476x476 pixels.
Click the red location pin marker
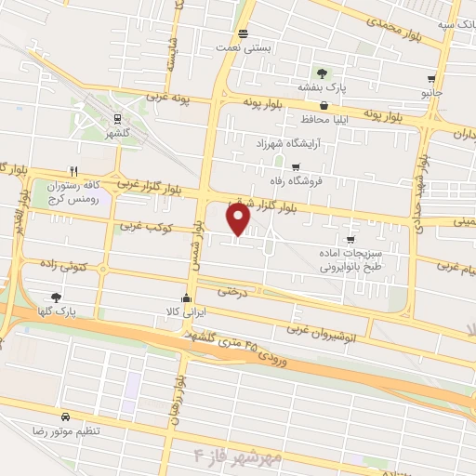[x=239, y=218]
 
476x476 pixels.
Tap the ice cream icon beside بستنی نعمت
[x=243, y=34]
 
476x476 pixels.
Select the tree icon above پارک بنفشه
[x=322, y=73]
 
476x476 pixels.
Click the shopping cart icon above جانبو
[x=430, y=80]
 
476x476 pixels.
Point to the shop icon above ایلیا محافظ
[x=323, y=107]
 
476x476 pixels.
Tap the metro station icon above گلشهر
[x=117, y=118]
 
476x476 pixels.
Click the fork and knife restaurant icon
[x=73, y=171]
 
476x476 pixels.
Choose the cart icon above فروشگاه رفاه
[x=296, y=167]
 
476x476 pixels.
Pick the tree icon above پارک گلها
[x=57, y=297]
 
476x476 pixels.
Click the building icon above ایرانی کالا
[x=186, y=299]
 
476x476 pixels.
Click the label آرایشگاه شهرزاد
[x=293, y=144]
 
